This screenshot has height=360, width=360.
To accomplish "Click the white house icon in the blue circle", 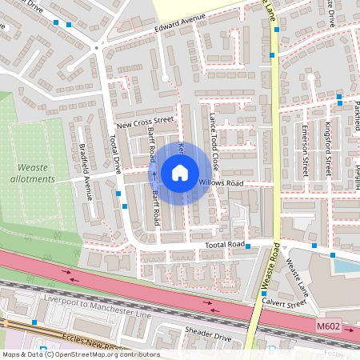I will pos(180,172).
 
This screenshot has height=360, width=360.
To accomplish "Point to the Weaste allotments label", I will pos(35,174).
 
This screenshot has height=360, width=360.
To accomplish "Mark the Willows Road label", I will pos(221,183).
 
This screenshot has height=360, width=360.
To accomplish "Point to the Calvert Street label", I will pos(285,303).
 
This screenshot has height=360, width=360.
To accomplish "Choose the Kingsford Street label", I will pos(328,149).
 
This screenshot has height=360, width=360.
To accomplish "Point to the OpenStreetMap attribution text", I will pos(80,354).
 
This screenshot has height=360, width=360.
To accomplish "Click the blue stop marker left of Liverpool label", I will pos(34,322).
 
